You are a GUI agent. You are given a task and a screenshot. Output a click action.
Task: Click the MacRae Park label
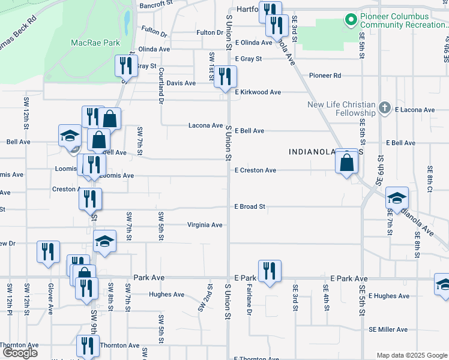point(95,43)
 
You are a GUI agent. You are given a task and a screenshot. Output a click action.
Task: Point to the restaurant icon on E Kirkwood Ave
point(225,76)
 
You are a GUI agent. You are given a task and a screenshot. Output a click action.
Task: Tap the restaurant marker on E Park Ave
point(270,271)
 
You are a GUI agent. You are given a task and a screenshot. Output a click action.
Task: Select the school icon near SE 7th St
point(397,197)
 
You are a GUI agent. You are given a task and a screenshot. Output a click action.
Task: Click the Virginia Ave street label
point(205,225)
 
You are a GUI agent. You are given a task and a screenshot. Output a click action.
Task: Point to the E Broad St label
point(250,206)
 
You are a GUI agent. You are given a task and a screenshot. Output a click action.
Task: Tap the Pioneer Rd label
point(325,76)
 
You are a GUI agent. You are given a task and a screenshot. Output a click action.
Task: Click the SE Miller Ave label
point(388,329)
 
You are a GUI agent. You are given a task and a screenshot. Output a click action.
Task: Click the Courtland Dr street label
point(161,86)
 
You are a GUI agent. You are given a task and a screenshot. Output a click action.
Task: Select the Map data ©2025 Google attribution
point(411,355)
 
